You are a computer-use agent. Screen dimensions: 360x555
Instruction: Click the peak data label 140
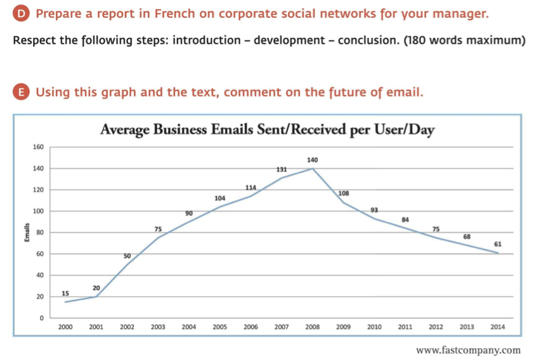point(312,160)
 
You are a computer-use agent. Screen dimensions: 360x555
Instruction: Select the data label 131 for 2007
point(282,169)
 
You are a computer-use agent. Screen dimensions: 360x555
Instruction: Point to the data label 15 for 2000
point(65,293)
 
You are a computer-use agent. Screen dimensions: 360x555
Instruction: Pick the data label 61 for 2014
point(498,244)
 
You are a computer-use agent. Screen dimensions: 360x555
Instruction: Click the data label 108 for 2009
point(344,193)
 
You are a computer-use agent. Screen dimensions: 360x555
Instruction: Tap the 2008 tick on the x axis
point(312,327)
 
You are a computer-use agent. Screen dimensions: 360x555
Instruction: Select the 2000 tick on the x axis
point(65,327)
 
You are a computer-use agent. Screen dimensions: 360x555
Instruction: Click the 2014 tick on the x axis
point(498,327)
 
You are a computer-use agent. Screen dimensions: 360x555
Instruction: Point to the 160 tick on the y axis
point(38,147)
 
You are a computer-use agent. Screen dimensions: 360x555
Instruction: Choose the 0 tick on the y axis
point(41,318)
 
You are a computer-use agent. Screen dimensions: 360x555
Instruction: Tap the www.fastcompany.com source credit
point(468,350)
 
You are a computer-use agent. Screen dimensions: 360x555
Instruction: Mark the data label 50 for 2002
point(127,255)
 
